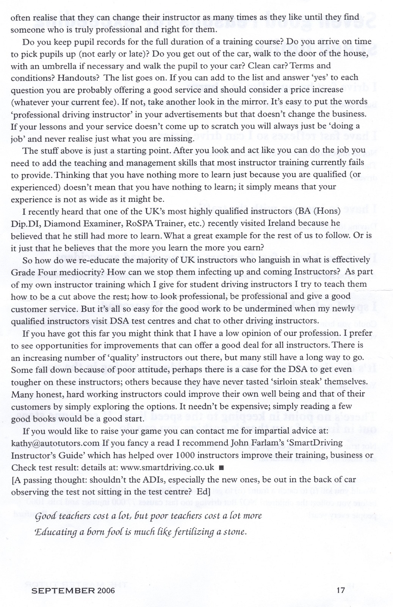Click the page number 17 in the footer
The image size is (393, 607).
pos(340,590)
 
